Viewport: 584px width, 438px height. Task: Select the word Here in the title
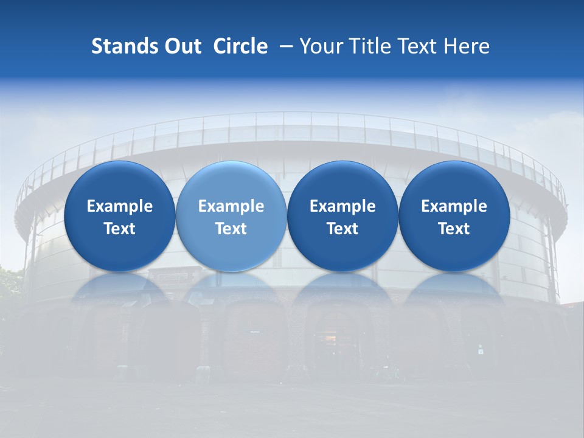467,46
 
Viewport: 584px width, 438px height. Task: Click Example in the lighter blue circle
231,206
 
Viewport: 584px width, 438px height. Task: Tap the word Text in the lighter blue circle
231,229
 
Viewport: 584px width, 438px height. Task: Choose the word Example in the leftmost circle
120,206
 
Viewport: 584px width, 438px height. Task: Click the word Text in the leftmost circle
120,229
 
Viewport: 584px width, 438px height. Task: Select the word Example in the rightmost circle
454,206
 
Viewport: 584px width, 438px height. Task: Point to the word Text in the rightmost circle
454,229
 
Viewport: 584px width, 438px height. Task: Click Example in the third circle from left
342,206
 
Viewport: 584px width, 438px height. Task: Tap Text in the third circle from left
342,229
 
